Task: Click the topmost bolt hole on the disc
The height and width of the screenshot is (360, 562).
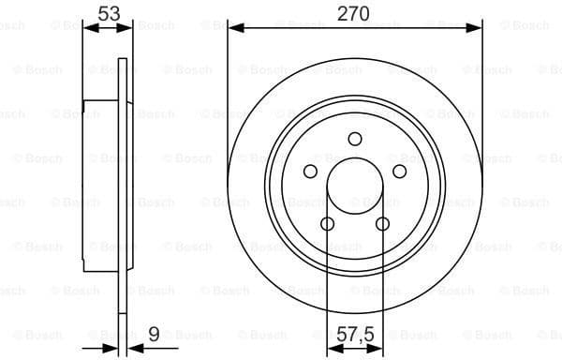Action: click(354, 140)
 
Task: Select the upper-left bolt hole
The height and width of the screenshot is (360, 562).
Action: click(310, 172)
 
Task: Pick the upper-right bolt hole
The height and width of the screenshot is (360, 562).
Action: click(399, 172)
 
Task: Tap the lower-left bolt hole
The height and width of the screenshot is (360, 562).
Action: click(327, 223)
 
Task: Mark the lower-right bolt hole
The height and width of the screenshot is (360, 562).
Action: click(382, 223)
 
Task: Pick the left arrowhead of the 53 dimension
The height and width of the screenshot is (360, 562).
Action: click(89, 28)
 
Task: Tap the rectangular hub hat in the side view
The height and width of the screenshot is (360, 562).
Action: click(100, 186)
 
